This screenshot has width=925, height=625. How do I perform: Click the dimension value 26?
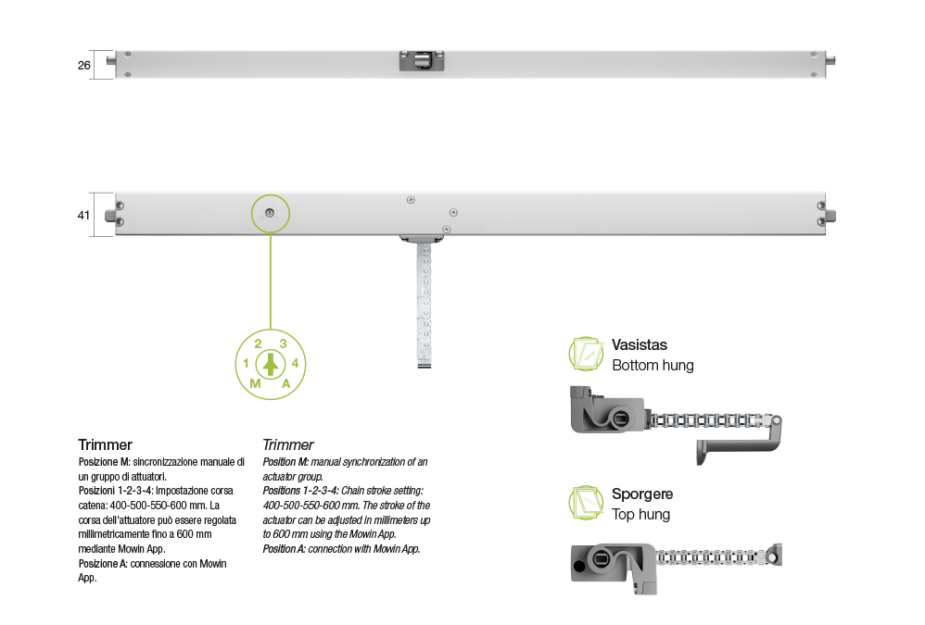(x=83, y=66)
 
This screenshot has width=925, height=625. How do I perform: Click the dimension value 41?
(x=83, y=216)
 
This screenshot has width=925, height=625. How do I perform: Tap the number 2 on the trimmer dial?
(x=258, y=344)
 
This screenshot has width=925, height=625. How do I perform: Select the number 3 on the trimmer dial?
(x=284, y=344)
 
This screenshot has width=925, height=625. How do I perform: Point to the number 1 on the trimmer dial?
(x=246, y=364)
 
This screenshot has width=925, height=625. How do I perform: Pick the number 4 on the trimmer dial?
(x=295, y=364)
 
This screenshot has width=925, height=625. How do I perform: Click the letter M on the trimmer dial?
(x=255, y=383)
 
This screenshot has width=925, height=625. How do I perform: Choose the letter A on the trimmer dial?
(x=286, y=383)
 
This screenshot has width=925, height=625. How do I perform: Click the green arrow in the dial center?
(x=271, y=364)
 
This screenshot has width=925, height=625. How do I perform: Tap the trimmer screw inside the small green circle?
(x=270, y=213)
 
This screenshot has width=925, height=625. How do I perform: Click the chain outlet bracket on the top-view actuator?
(x=422, y=61)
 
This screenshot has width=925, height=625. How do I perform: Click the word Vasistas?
(x=640, y=345)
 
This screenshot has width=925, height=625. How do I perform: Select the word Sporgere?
(x=642, y=494)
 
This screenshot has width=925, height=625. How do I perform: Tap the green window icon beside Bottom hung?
(x=587, y=354)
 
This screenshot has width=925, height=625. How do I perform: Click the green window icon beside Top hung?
(x=587, y=503)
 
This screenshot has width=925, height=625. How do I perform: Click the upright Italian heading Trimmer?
(x=105, y=444)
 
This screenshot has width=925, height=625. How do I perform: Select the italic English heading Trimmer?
(x=288, y=444)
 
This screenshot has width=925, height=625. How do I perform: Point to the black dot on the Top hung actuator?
(x=579, y=567)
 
